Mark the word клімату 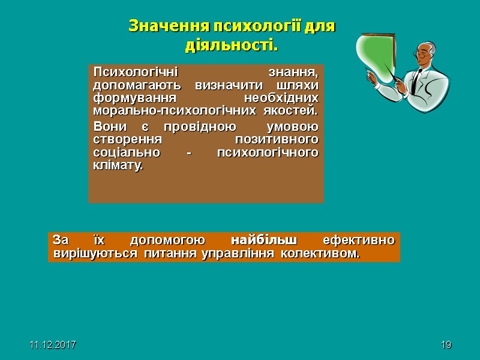119,166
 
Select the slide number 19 445,346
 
